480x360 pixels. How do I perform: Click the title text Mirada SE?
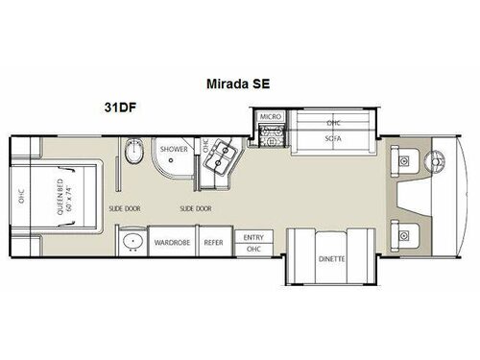point(238,84)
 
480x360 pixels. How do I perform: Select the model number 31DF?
point(118,108)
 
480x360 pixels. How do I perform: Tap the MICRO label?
point(269,117)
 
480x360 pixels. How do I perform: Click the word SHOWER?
point(174,149)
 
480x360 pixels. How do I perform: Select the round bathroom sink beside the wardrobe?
point(132,241)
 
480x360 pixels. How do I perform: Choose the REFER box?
point(213,242)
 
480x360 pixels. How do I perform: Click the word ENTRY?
point(253,237)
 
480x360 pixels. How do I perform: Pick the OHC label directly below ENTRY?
point(253,248)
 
